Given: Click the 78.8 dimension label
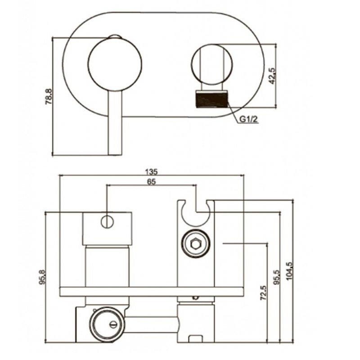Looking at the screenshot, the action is [49, 97].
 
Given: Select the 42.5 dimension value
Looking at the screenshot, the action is [272, 76].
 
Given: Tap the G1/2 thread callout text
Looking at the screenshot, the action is [249, 119].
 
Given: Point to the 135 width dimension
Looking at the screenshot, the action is [152, 171].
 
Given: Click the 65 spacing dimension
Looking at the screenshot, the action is [151, 182].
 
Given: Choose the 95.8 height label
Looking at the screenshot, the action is [42, 277].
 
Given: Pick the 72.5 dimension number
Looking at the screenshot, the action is [264, 293].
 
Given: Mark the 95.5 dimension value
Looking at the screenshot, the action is [277, 277].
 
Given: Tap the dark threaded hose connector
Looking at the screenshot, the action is [211, 99].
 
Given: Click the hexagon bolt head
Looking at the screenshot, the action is [196, 244].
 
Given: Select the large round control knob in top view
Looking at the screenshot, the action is [115, 64].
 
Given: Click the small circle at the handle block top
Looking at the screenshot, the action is [107, 222].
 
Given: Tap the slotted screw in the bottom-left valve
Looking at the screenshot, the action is [113, 324].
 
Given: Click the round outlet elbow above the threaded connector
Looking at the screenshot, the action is [211, 64].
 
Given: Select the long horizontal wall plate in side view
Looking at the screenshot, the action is [152, 292].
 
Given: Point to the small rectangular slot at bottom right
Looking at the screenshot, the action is [196, 339].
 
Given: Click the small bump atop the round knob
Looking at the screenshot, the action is [115, 37].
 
